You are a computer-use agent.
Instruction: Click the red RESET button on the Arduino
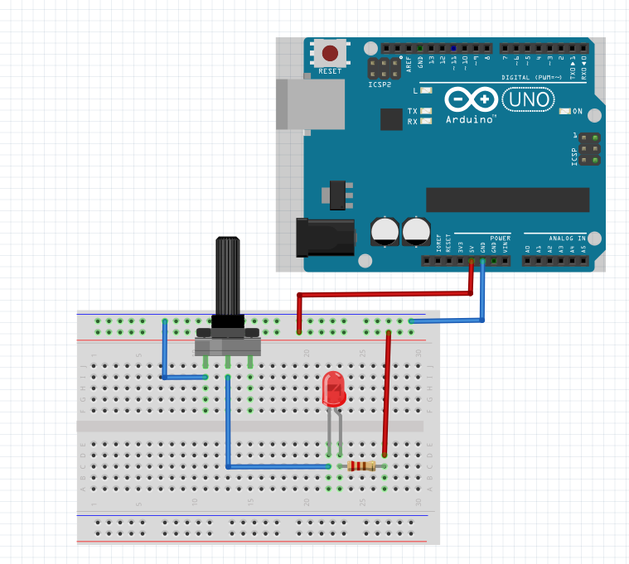[x=330, y=55]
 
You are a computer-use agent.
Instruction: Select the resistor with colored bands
[x=361, y=466]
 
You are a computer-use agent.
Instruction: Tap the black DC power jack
[x=325, y=235]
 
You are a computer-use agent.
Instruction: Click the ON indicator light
[x=565, y=111]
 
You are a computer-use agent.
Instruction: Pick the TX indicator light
[x=426, y=111]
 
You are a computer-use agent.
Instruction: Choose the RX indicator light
[x=426, y=121]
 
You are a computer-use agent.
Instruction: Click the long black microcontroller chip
[x=507, y=200]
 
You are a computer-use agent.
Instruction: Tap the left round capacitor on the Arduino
[x=386, y=231]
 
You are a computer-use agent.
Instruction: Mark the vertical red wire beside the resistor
[x=385, y=393]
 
